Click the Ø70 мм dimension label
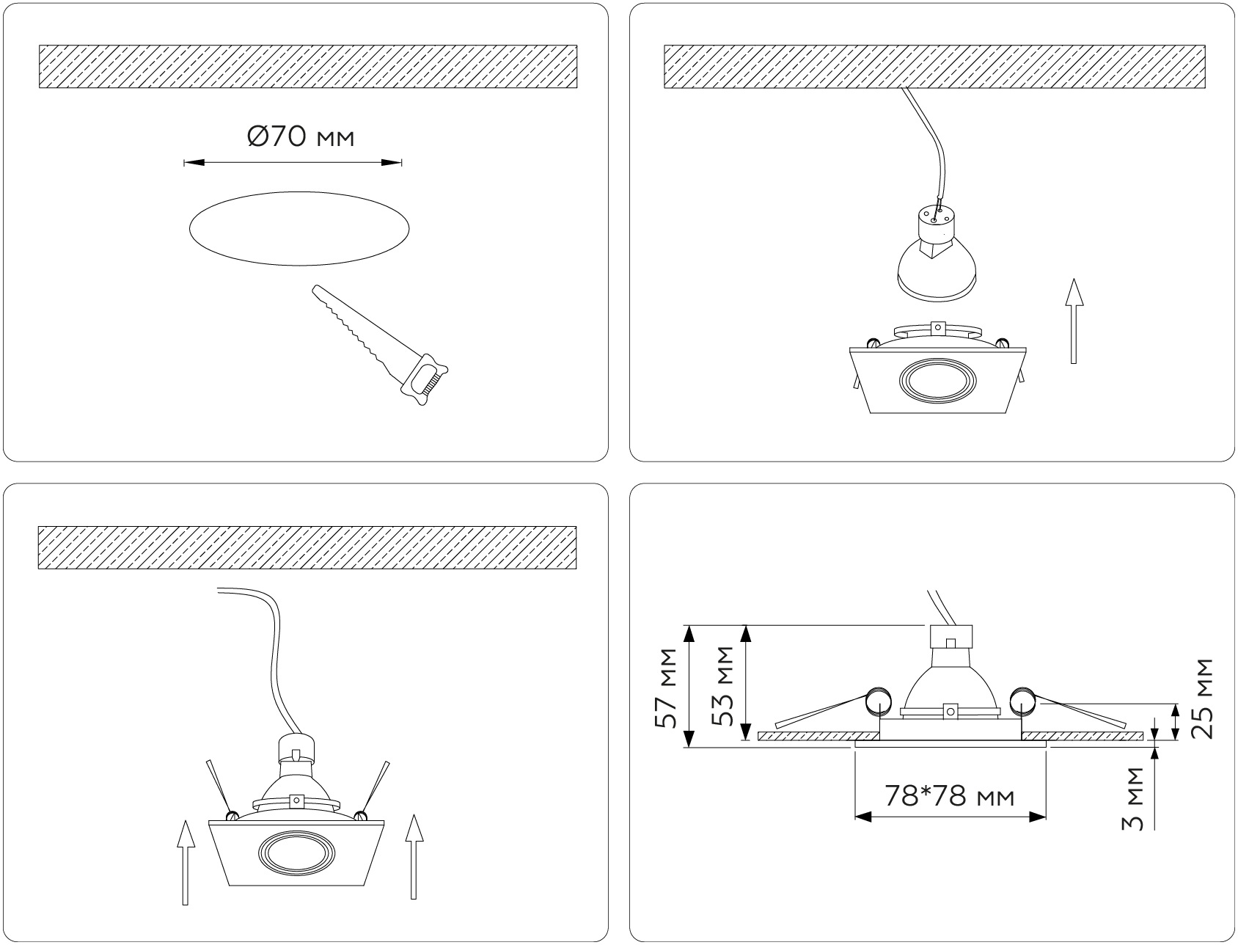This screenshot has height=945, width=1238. click(x=300, y=136)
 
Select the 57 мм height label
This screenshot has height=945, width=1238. click(x=667, y=688)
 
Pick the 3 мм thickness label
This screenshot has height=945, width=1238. click(x=1133, y=799)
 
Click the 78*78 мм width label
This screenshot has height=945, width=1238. click(x=949, y=796)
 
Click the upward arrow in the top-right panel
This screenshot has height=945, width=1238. click(x=1074, y=321)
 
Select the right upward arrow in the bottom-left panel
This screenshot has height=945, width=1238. click(x=414, y=857)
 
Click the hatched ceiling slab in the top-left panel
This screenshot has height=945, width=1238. click(x=307, y=67)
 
